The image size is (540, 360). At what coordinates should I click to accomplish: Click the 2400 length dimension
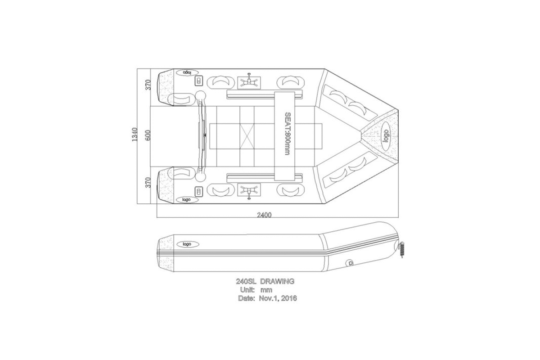point(264,215)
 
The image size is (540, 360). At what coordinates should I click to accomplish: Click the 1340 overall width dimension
point(135,135)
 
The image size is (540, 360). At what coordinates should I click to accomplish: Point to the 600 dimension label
point(148,135)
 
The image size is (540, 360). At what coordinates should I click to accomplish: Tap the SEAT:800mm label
point(288,133)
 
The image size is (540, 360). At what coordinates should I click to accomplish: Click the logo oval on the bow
point(386,136)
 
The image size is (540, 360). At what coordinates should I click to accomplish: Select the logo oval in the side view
point(188,244)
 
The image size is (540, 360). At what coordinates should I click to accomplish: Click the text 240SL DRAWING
point(265,281)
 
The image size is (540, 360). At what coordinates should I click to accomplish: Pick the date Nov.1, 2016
point(278,298)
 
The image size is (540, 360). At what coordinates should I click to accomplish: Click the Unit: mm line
point(256,290)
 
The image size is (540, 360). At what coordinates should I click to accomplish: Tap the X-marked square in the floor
point(247,136)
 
